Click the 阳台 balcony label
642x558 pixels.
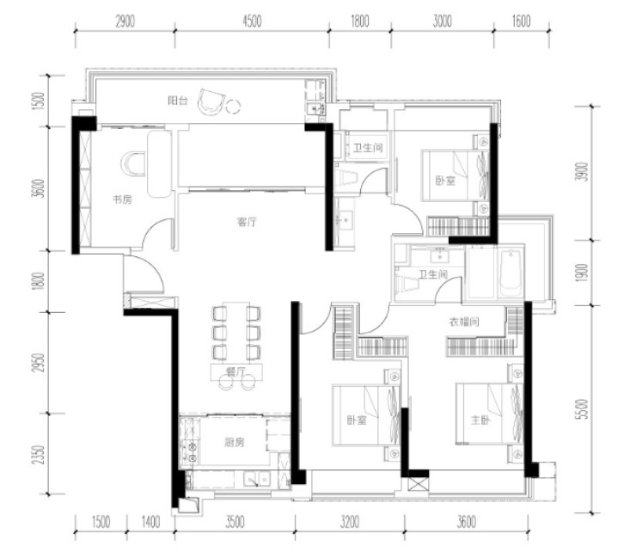click(178, 101)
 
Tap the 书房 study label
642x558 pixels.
click(122, 199)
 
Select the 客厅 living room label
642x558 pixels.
click(247, 222)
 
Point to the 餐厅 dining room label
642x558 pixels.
click(235, 372)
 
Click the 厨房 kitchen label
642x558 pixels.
click(235, 443)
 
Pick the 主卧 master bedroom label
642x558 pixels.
click(480, 420)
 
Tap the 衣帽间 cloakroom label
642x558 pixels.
click(464, 322)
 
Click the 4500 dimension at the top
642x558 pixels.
click(252, 21)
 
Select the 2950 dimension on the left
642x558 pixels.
click(39, 363)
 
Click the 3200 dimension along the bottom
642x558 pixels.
click(350, 522)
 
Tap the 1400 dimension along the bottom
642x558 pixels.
click(150, 522)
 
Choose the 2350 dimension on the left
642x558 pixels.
click(39, 455)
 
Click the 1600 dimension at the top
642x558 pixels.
click(521, 21)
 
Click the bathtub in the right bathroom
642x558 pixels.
click(511, 272)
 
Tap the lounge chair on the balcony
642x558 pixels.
click(211, 101)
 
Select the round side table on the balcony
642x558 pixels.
click(234, 107)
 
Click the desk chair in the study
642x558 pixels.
click(133, 164)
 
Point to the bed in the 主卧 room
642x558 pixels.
click(489, 414)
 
